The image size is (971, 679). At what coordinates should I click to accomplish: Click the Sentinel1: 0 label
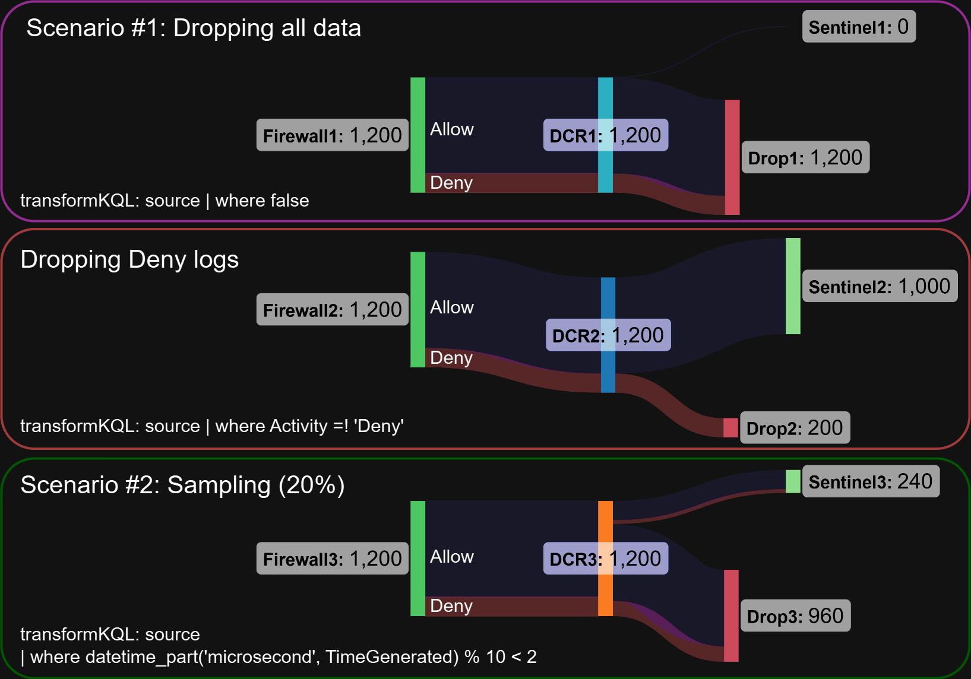859,27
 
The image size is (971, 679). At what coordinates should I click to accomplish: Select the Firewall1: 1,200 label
332,135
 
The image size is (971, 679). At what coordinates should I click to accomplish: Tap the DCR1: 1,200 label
605,135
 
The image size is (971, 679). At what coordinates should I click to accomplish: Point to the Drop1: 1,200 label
805,158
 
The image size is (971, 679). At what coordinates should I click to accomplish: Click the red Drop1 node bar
732,157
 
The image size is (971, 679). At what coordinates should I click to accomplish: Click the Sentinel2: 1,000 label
880,287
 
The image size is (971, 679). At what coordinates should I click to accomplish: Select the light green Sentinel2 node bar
793,286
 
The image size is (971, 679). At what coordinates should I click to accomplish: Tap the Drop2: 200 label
795,428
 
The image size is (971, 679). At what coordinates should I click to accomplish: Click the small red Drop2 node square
730,427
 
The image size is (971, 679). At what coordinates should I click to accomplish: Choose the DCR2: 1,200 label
608,335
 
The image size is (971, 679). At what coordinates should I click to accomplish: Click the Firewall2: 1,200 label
332,310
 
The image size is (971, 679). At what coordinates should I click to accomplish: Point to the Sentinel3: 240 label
871,481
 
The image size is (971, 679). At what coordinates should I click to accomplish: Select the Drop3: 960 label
795,616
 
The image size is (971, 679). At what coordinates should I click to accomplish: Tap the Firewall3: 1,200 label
332,559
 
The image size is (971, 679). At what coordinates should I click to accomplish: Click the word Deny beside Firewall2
451,358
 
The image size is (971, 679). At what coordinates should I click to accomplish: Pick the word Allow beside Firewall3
451,557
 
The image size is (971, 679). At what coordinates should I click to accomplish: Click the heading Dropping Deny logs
129,260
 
